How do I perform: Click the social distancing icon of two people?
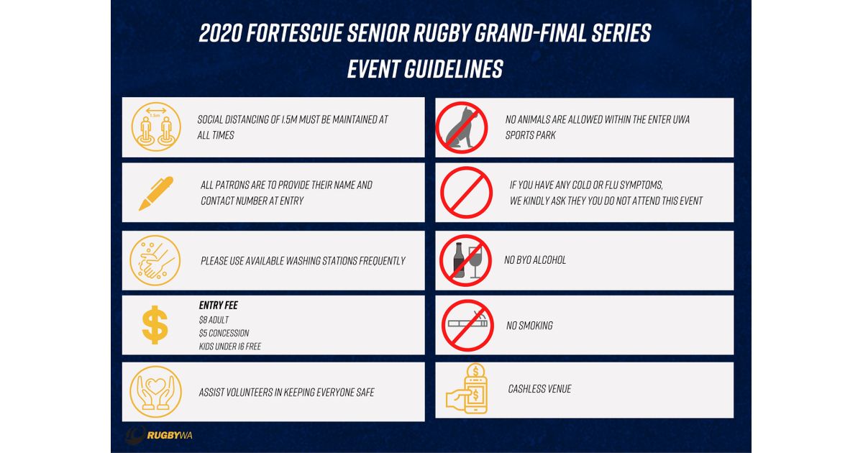[156, 127]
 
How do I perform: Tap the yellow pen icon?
[155, 193]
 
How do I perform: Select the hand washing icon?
[154, 260]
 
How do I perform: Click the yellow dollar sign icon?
[155, 325]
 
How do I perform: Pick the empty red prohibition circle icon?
[465, 193]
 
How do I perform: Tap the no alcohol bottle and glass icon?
[465, 260]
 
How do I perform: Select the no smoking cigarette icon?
[467, 324]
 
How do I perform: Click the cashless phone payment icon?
[468, 390]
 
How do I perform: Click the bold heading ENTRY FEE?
[218, 306]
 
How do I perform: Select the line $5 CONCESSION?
[224, 333]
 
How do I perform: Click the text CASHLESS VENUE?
[539, 389]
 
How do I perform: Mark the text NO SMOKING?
[529, 326]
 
